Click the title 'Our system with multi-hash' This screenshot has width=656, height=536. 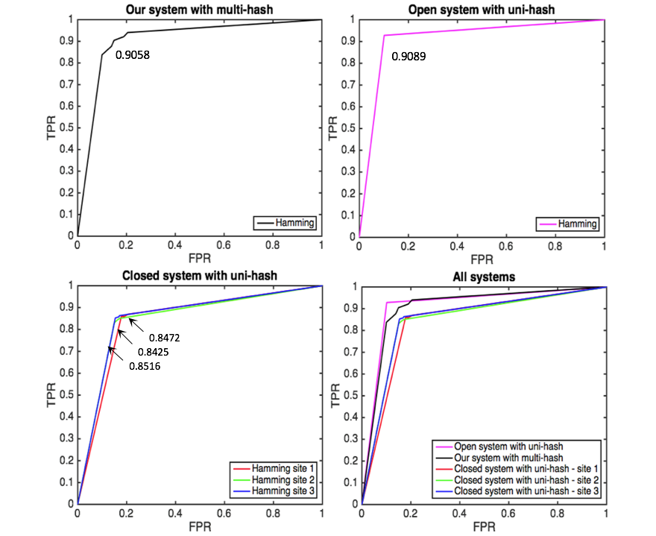pyautogui.click(x=199, y=9)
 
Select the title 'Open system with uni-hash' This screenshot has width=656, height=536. pyautogui.click(x=482, y=9)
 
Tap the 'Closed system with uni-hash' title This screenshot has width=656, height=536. pyautogui.click(x=199, y=276)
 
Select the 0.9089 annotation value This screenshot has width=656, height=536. pyautogui.click(x=409, y=56)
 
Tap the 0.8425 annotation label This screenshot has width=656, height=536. pyautogui.click(x=155, y=351)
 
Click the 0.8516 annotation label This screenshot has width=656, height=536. pyautogui.click(x=146, y=366)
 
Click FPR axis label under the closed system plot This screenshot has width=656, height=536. pyautogui.click(x=199, y=528)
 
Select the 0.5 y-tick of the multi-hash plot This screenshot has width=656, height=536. pyautogui.click(x=67, y=127)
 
